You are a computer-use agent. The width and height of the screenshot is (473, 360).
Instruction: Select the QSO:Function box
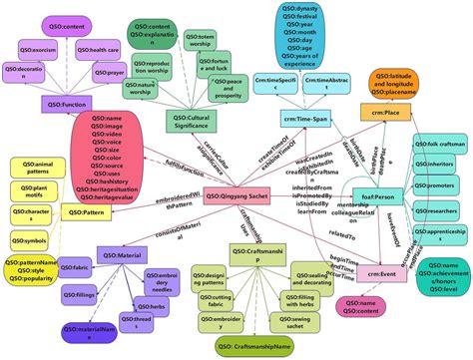coord(67,103)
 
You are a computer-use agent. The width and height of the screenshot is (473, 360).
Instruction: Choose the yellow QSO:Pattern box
coord(81,211)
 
